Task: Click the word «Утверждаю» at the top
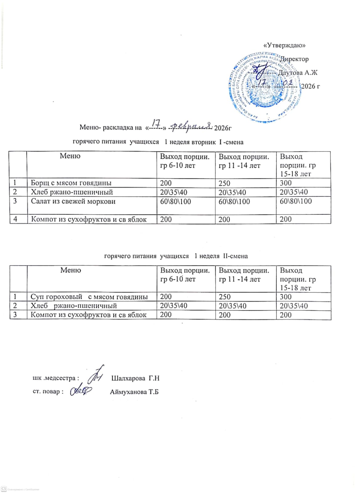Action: (x=284, y=45)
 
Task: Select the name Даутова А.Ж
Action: (x=297, y=73)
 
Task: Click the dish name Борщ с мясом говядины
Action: (x=71, y=183)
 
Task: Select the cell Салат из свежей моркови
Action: (x=73, y=202)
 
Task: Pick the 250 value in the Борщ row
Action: (x=224, y=183)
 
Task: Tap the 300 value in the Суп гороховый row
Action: (x=285, y=297)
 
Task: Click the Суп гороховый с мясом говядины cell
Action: (x=89, y=297)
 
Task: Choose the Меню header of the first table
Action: (x=70, y=156)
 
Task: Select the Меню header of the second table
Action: (x=71, y=270)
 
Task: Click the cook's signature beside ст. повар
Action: (x=81, y=391)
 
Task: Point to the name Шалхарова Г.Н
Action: (x=135, y=378)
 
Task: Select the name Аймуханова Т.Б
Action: (x=134, y=392)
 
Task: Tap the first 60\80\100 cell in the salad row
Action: (x=175, y=202)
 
